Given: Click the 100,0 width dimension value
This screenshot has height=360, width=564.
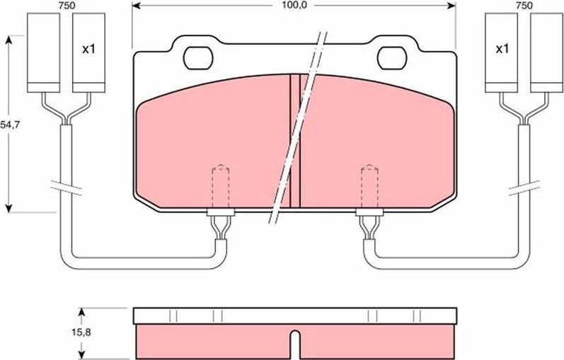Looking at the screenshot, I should [294, 5].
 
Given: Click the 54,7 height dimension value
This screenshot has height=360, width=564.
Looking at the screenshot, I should [8, 124].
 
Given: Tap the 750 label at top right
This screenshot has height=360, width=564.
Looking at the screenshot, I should [523, 5].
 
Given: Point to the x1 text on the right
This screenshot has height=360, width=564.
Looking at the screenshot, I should [502, 50].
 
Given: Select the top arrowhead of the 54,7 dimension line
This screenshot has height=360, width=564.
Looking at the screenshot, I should [8, 39].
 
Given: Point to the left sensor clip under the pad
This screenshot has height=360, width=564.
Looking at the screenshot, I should [220, 226].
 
